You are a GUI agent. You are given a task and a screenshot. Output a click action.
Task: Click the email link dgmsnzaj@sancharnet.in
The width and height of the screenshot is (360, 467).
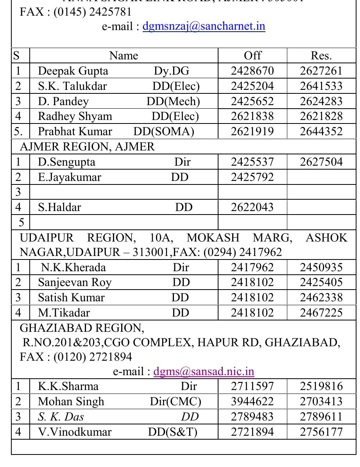coord(204,27)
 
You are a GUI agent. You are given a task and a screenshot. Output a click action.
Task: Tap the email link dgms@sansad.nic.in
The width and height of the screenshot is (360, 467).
coord(204,371)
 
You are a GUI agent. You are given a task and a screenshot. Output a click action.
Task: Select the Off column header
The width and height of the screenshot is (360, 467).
coord(252,56)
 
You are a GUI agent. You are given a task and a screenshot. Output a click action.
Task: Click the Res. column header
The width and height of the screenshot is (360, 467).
coord(321,56)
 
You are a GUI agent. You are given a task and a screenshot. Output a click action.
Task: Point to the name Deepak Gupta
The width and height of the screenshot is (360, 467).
coord(73,71)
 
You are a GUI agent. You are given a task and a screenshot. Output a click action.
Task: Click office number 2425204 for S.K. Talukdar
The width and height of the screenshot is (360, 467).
coord(252,86)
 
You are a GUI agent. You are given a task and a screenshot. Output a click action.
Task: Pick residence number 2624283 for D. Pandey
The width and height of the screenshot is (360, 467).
coord(321,101)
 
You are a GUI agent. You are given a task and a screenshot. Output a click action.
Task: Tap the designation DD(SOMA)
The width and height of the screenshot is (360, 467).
coord(164,131)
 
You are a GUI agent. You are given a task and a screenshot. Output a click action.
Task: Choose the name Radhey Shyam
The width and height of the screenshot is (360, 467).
coord(75,116)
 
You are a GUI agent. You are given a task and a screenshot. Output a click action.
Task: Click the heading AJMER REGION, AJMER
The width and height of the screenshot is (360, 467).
coord(87,147)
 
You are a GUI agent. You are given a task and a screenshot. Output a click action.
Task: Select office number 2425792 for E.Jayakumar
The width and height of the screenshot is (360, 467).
coord(252,177)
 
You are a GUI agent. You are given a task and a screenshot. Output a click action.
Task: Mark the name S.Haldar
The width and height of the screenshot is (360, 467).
coord(59,207)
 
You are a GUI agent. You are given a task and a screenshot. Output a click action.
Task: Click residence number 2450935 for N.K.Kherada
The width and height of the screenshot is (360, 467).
coord(321,268)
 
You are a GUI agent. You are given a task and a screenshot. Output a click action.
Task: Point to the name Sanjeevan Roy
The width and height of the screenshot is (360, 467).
coord(75,283)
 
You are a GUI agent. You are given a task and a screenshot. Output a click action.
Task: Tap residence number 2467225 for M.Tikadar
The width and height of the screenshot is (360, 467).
coord(321,313)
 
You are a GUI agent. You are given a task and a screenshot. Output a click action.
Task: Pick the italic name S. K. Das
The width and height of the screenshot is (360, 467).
coord(61,417)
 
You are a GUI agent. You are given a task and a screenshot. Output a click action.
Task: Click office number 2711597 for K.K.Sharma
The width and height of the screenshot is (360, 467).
coord(252,386)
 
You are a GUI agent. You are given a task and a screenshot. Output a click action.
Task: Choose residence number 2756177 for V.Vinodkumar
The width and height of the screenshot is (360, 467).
coord(321,432)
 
